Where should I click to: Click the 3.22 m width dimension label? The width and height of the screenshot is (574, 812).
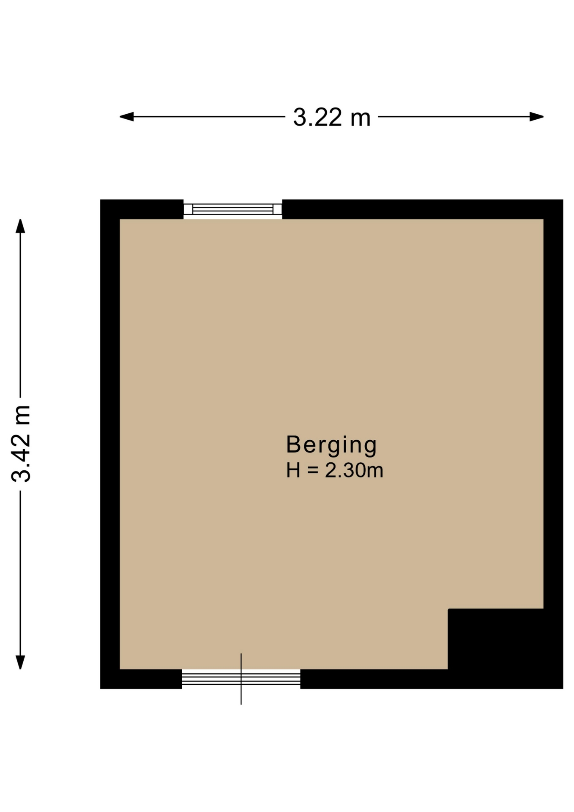pos(332,118)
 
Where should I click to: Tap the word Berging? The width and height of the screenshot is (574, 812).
pos(331,445)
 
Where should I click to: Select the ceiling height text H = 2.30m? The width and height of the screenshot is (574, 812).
pos(334,470)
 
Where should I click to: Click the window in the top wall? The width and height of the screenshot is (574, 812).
pos(232,209)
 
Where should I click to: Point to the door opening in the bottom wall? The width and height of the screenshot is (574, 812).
pos(241,679)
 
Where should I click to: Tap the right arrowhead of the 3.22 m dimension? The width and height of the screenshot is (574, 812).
pos(536,117)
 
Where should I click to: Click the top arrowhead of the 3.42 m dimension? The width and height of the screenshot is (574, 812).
pos(20,226)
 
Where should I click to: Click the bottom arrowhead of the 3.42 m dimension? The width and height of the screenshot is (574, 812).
pos(20,662)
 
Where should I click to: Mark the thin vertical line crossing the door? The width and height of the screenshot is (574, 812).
pos(241,679)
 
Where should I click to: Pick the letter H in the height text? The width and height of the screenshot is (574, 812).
pos(293,470)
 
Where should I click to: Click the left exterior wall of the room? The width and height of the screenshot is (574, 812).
pos(110,444)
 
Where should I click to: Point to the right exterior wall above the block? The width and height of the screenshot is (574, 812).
pos(553,404)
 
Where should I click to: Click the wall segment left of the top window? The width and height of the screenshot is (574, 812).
pos(142,209)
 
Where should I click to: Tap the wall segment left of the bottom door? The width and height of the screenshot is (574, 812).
pos(141,679)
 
